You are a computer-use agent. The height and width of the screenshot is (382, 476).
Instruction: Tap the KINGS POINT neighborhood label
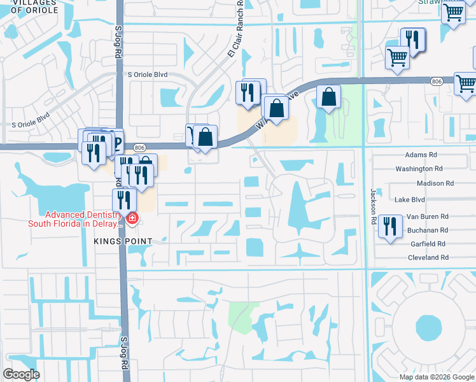pos(123,241)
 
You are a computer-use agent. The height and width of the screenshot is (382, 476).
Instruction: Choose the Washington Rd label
pos(419,169)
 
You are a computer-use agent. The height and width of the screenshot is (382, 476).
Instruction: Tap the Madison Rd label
pos(435,183)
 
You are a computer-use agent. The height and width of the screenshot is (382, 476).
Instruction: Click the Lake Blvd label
pos(409,199)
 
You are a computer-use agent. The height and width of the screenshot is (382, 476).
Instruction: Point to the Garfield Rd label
pos(428,244)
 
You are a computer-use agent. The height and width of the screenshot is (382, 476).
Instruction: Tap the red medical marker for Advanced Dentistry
pos(132,220)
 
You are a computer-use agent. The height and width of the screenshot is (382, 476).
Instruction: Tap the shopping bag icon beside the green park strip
pos(328,97)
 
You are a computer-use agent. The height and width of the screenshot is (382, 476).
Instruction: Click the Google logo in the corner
pos(21,374)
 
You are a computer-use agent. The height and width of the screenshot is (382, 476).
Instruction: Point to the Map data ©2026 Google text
pos(436,377)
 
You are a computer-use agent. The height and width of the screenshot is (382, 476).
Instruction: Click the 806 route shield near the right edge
pos(436,81)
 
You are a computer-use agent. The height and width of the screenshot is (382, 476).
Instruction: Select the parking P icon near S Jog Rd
pos(116,139)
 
